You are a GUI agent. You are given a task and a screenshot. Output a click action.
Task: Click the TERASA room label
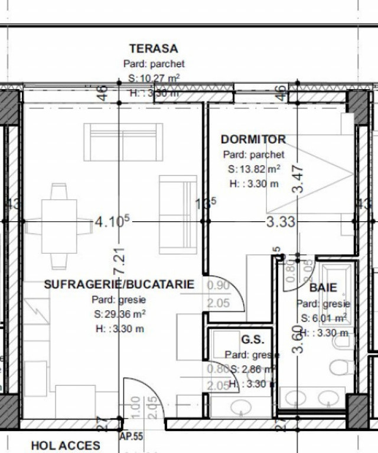(154, 48)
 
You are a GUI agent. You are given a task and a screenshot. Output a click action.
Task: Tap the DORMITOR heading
(253, 140)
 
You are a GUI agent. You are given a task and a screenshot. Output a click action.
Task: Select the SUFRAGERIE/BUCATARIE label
(119, 284)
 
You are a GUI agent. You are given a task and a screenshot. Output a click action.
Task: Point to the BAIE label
(323, 288)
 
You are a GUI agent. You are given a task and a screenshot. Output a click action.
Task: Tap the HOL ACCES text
(66, 445)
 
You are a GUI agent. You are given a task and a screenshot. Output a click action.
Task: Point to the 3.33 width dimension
(281, 222)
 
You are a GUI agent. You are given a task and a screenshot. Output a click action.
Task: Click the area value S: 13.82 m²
(254, 169)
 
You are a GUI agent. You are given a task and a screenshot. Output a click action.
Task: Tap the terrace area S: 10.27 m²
(154, 78)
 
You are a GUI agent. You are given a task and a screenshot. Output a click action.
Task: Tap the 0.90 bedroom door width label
(218, 285)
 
